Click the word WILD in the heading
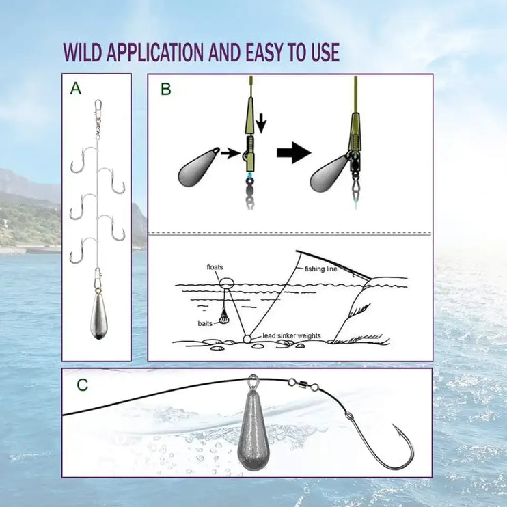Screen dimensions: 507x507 point(83,52)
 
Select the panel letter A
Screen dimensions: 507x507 point(76,88)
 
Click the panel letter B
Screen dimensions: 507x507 point(166,89)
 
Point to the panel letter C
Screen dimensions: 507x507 point(83,385)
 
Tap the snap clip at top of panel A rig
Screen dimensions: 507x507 point(98,109)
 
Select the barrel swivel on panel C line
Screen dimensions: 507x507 point(303,385)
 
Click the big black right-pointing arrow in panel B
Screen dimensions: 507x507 point(294,152)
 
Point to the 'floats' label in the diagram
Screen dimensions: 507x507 point(215,267)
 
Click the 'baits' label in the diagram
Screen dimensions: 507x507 point(205,323)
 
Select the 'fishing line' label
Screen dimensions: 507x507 point(320,269)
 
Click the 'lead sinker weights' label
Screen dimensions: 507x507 point(291,335)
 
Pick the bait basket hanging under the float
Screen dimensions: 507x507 point(223,316)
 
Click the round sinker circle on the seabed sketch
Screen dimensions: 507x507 point(247,339)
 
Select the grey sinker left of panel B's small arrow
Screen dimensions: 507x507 point(198,168)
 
